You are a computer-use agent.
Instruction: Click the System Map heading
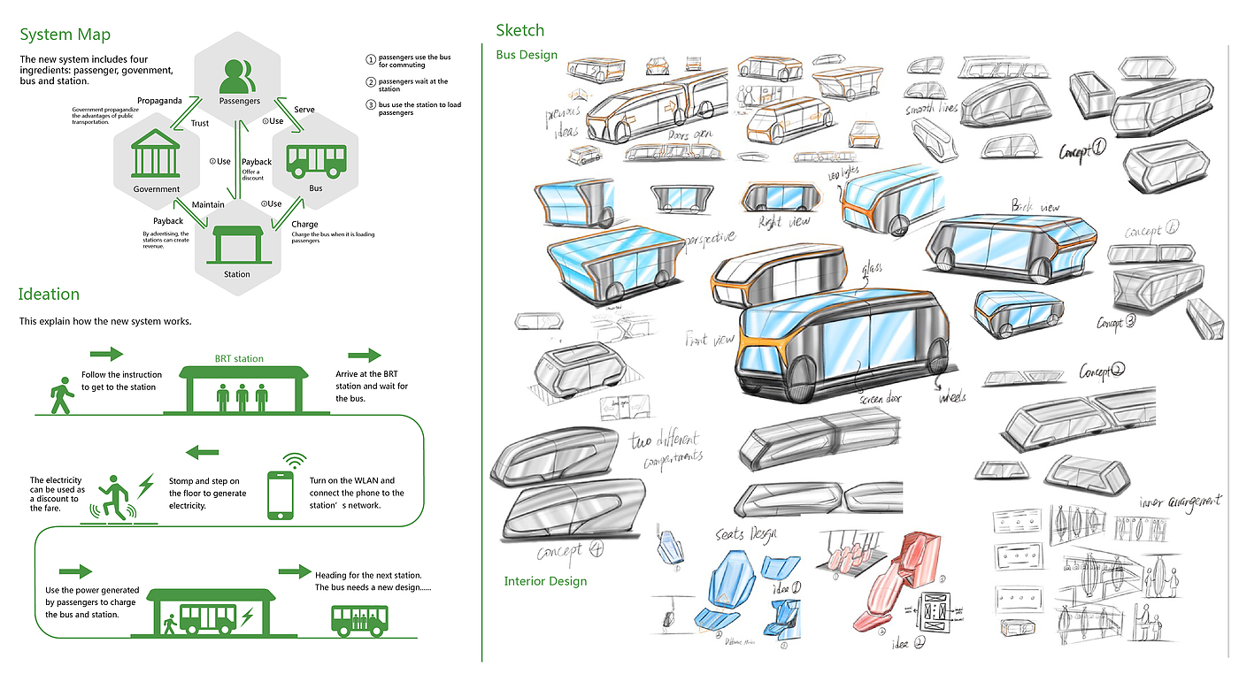point(65,35)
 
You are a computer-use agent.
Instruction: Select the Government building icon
point(156,156)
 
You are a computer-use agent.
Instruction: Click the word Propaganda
point(159,101)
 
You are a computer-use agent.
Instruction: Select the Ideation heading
point(50,295)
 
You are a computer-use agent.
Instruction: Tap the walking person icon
point(60,395)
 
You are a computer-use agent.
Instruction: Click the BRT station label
point(239,359)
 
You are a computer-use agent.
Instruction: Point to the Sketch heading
point(520,31)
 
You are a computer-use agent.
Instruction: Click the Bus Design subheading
point(527,55)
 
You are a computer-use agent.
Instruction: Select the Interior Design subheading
point(545,581)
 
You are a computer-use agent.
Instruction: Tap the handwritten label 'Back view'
point(1035,205)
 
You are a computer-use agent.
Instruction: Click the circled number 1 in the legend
point(371,60)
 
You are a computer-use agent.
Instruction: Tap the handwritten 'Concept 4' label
point(571,553)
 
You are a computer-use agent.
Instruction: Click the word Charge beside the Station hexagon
point(304,225)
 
